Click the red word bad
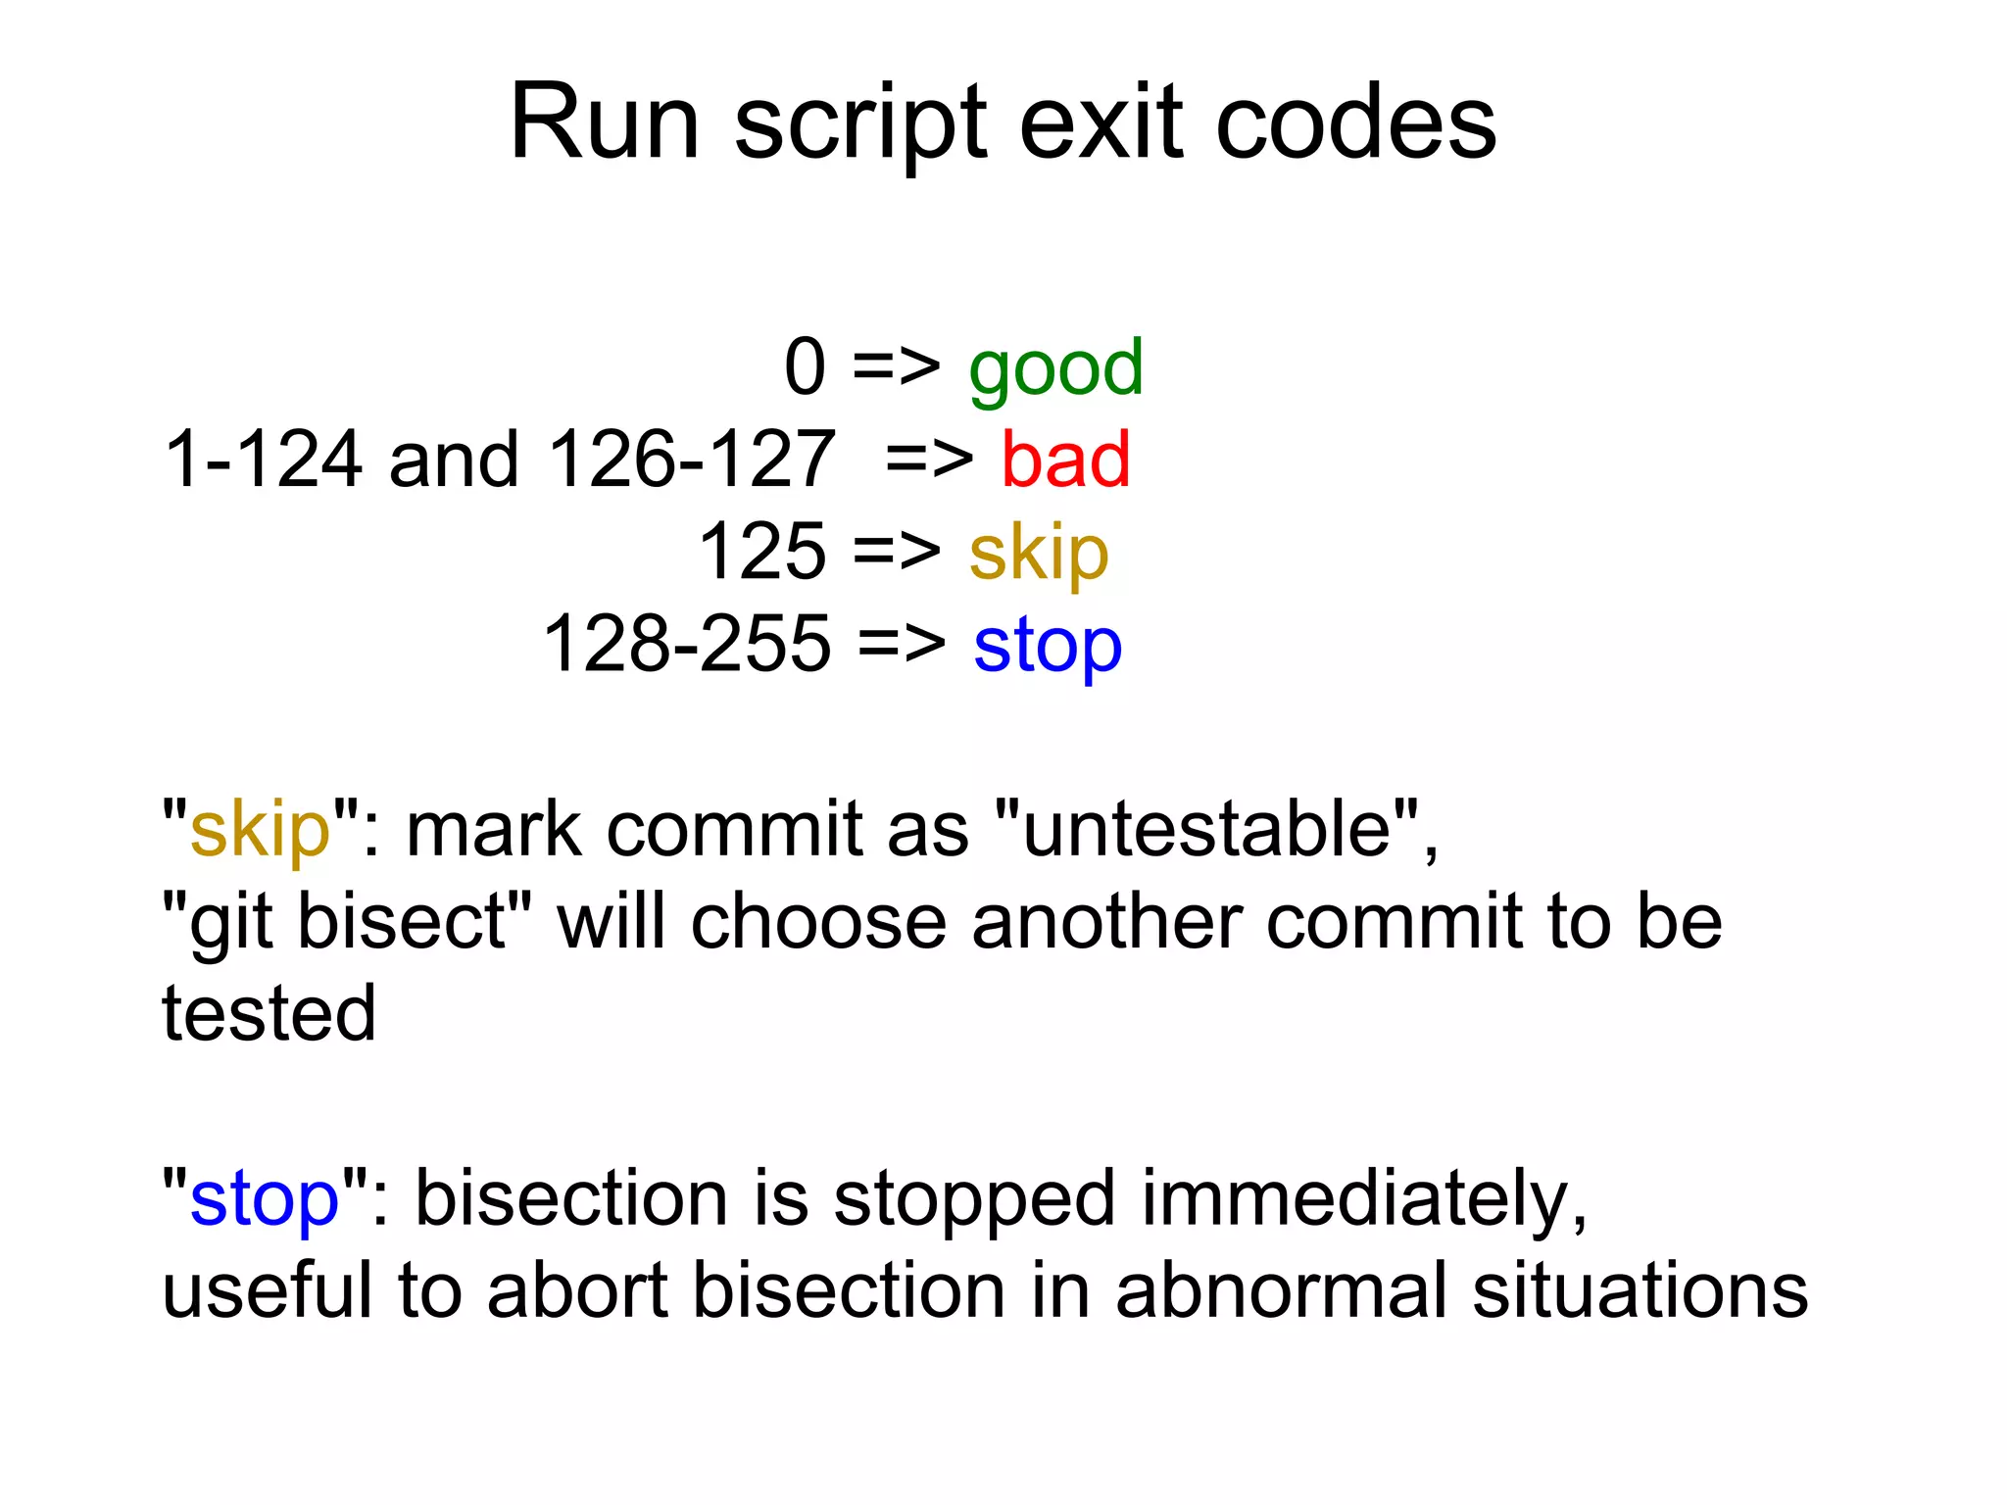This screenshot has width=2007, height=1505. [x=1065, y=460]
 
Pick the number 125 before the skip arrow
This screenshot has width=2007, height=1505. [x=762, y=552]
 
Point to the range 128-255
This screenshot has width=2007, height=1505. [x=687, y=644]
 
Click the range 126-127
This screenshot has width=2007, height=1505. [x=692, y=460]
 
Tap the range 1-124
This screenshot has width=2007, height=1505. [x=263, y=460]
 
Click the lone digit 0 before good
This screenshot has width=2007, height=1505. [x=805, y=367]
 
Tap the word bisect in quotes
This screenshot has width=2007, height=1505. [x=402, y=922]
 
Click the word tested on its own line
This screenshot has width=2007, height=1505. [x=269, y=1014]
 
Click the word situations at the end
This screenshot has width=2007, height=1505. [x=1640, y=1290]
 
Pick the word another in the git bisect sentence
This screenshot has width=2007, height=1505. [x=1105, y=922]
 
